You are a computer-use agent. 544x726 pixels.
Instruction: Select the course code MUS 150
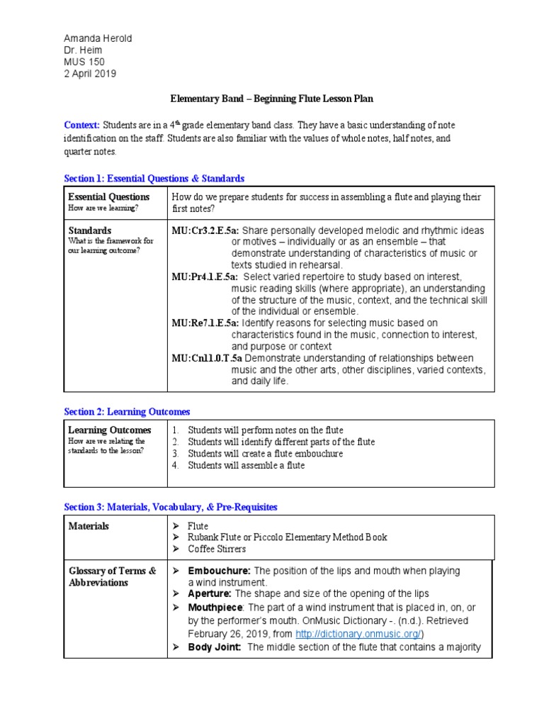[84, 62]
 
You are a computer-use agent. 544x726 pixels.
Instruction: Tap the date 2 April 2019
[90, 74]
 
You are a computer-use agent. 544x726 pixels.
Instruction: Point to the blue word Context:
[81, 125]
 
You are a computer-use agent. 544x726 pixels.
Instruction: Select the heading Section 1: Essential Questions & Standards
[154, 178]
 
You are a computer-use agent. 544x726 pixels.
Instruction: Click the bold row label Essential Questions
[108, 196]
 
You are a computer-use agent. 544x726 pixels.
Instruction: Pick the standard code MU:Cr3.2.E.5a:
[205, 231]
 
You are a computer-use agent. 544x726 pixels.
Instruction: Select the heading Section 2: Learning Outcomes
[127, 411]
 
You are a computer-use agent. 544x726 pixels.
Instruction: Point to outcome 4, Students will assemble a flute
[246, 466]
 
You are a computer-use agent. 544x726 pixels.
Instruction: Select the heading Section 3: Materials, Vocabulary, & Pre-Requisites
[171, 507]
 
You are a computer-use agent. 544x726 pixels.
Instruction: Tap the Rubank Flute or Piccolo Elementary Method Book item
[287, 537]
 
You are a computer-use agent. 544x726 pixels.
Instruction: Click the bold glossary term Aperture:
[210, 593]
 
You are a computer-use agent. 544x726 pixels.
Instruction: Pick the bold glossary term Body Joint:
[215, 647]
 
